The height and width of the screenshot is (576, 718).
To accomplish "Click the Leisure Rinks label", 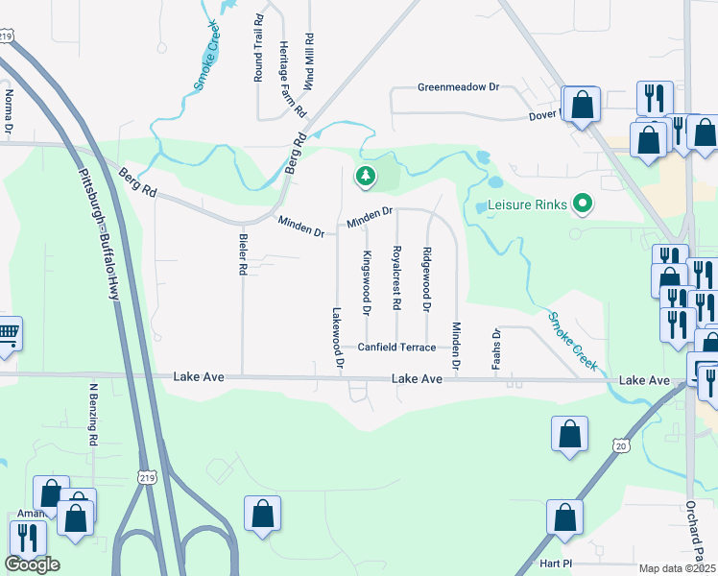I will click(527, 205).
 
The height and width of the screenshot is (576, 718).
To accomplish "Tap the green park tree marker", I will click(365, 176).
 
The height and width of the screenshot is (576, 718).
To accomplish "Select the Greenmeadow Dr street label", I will click(459, 87).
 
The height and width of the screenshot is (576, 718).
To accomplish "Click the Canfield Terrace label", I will click(396, 348).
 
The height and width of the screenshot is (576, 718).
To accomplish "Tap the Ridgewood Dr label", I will click(426, 279).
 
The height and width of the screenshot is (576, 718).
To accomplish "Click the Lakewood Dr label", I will click(337, 339).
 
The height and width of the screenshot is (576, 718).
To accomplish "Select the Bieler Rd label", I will click(242, 253).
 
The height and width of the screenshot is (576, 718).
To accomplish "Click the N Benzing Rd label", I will click(94, 415).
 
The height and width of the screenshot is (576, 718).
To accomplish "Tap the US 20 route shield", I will click(620, 446).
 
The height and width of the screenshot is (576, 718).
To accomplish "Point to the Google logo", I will click(32, 564).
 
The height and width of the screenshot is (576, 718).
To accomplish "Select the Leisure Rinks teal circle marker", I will click(581, 204).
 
